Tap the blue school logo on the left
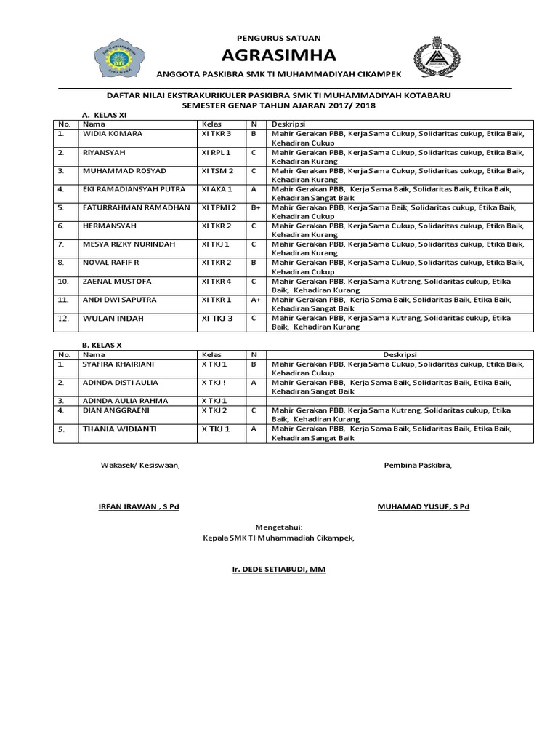118,57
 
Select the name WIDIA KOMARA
113,134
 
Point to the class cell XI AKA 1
217,189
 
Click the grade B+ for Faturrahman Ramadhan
256,207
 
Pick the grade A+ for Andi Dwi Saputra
256,299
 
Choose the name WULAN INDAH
113,318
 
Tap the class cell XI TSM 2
218,170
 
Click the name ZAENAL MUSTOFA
118,281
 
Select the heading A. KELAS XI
105,115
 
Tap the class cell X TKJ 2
215,410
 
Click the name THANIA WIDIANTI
119,429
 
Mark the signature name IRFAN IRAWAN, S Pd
139,506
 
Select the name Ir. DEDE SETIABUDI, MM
274,569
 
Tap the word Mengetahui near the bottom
278,527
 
